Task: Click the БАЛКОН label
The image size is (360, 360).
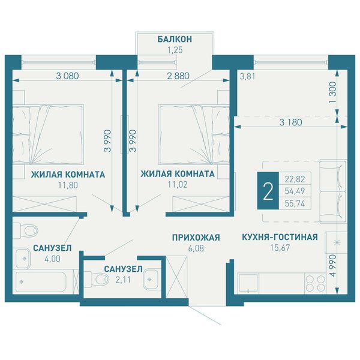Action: tap(175, 39)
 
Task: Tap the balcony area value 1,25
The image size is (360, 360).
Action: tap(175, 50)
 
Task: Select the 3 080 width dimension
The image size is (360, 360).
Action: tap(67, 76)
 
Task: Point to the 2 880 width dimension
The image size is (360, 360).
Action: tap(178, 76)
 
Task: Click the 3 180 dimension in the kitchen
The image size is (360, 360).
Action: tap(290, 122)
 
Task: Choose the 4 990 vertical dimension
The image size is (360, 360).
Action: tap(332, 265)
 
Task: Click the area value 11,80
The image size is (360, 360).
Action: tap(68, 185)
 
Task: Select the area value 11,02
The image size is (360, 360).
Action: tap(178, 184)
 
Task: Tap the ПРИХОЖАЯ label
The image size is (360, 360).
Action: tap(196, 238)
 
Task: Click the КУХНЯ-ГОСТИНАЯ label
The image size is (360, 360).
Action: tap(280, 237)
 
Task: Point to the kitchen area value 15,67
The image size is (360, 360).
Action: tap(280, 247)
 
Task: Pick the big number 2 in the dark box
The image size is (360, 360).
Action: tap(268, 190)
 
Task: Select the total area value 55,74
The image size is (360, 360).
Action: tap(295, 203)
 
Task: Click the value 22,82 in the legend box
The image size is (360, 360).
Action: tap(295, 179)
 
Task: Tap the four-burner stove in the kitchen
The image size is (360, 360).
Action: tap(316, 283)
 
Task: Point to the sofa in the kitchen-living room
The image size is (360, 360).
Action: tap(332, 192)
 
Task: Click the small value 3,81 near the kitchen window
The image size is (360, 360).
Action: tap(247, 76)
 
